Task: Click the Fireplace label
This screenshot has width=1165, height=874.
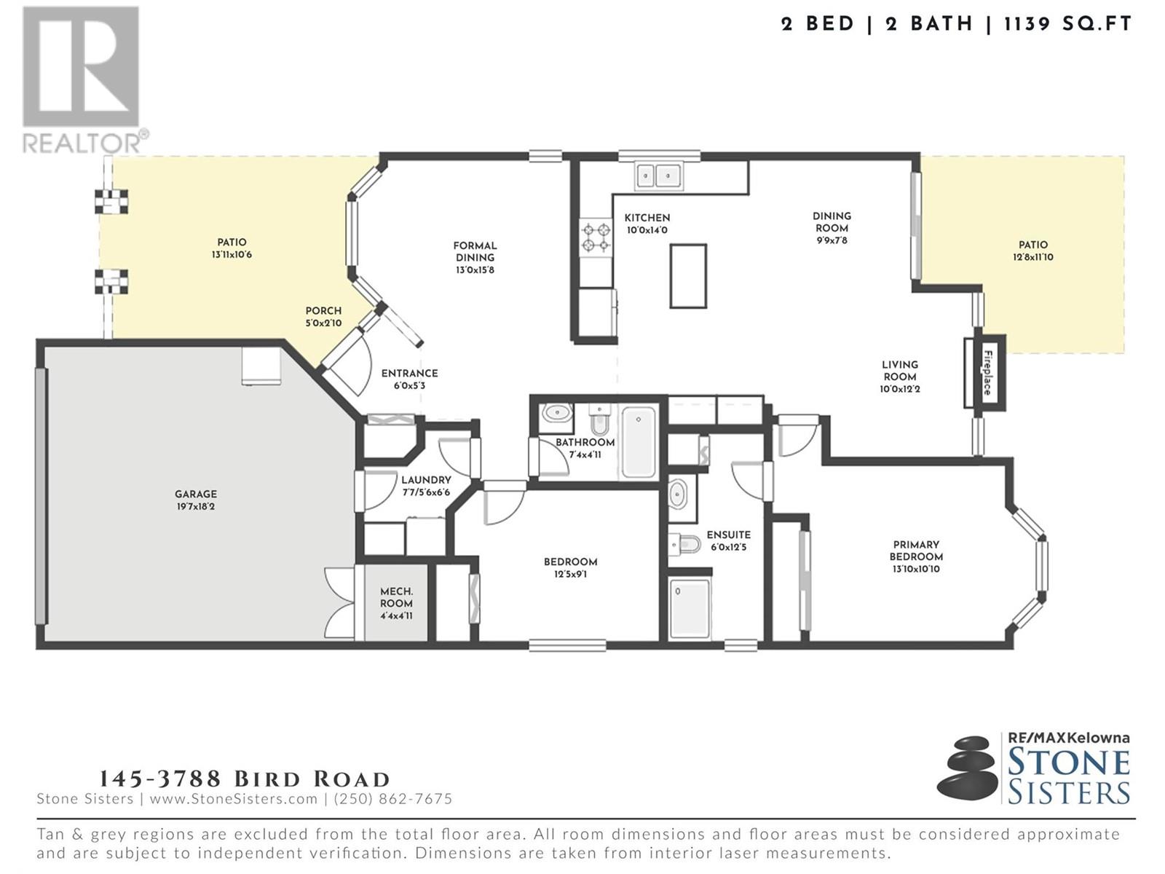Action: (x=987, y=372)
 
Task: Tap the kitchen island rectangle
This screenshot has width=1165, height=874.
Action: (x=688, y=276)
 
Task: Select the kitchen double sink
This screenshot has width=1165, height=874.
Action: (x=659, y=175)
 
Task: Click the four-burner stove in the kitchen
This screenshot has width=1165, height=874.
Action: (x=596, y=237)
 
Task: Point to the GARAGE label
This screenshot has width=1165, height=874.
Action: (x=196, y=494)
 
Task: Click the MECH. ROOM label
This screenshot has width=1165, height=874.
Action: (x=396, y=597)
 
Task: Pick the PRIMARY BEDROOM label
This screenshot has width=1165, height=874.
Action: (x=916, y=551)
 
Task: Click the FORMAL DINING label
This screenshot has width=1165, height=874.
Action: (x=475, y=251)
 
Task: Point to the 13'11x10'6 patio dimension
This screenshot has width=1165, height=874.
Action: (x=232, y=255)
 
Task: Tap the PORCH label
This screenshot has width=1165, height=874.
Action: (x=323, y=311)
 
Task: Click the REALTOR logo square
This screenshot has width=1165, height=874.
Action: (x=81, y=67)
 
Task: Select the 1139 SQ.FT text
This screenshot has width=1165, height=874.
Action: (x=1068, y=24)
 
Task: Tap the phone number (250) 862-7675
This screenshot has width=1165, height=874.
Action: (x=392, y=799)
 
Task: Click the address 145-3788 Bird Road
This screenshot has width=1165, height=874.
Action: (x=245, y=779)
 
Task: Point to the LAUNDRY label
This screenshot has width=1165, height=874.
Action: (x=426, y=480)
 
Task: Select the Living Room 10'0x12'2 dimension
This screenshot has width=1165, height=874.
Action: (x=900, y=389)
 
